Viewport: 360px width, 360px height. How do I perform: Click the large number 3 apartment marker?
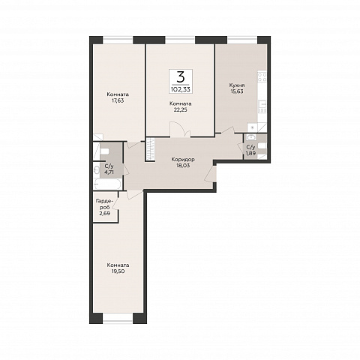(181, 77)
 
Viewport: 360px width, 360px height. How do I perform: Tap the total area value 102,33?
(181, 89)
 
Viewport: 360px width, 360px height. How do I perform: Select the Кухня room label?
(237, 85)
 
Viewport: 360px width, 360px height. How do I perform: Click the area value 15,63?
(237, 91)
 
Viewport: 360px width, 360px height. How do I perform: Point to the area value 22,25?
(181, 109)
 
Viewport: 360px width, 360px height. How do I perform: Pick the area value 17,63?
(118, 100)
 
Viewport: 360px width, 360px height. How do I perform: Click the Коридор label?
(183, 159)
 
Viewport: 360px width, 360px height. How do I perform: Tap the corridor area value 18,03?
(183, 165)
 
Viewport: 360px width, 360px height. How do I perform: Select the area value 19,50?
(118, 271)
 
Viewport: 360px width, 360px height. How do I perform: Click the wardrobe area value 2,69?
(105, 213)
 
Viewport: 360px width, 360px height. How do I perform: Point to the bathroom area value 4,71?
(107, 172)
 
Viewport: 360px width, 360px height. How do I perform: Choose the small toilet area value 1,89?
(250, 154)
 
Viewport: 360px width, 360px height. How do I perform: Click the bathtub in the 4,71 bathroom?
(108, 184)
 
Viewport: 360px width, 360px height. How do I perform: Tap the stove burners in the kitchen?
(262, 76)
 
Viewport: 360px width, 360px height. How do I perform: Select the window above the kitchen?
(242, 40)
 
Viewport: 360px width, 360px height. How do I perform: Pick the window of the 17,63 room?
(118, 40)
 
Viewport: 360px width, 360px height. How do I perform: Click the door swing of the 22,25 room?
(181, 129)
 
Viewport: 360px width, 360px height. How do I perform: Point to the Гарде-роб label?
(104, 204)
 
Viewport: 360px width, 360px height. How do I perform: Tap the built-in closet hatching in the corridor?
(150, 149)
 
